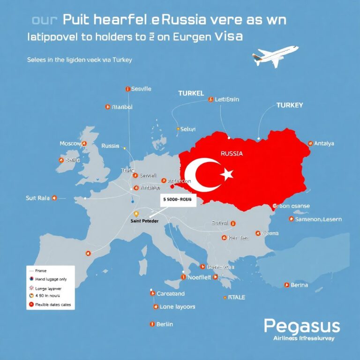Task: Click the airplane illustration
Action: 274,56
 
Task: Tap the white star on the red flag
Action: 227,174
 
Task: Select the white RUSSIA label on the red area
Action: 231,153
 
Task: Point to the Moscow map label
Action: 71,143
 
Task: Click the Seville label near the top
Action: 141,89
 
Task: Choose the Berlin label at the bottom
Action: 165,324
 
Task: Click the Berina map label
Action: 299,285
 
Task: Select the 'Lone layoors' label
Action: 177,307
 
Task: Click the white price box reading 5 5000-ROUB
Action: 178,199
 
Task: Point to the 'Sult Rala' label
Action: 37,198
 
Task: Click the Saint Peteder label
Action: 144,220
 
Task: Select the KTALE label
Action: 236,297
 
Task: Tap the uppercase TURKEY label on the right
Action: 289,105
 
